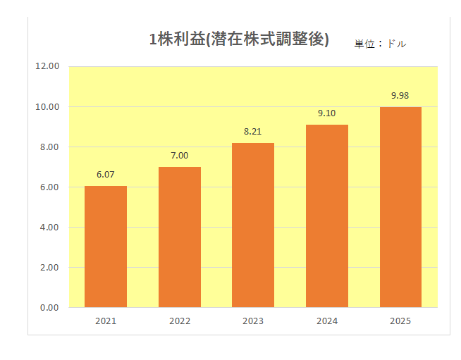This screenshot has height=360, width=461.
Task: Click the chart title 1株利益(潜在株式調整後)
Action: tap(239, 39)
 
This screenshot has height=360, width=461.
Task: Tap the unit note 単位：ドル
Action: tap(380, 44)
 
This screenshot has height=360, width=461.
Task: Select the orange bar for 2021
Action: tap(106, 247)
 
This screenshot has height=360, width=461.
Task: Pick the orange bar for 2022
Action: tap(180, 237)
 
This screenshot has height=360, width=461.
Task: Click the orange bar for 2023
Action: tap(253, 225)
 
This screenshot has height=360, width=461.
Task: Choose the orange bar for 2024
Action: tap(327, 216)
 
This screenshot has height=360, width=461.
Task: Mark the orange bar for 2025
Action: tap(400, 207)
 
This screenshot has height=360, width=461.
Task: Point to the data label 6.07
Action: tap(106, 175)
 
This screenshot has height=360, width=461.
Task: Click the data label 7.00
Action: tap(180, 156)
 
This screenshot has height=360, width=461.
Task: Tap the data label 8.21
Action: tap(253, 132)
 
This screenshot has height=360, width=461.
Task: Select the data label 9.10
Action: tap(327, 113)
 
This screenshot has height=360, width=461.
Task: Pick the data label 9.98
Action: tap(400, 96)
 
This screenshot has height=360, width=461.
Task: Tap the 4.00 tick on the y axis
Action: tap(50, 228)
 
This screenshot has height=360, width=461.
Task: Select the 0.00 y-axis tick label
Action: tap(50, 308)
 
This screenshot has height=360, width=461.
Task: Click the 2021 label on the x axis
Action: tap(106, 321)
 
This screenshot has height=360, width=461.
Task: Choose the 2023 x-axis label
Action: tap(253, 321)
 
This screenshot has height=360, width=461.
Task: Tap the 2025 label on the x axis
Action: tap(400, 321)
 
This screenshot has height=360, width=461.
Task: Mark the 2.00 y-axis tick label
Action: tap(50, 268)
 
